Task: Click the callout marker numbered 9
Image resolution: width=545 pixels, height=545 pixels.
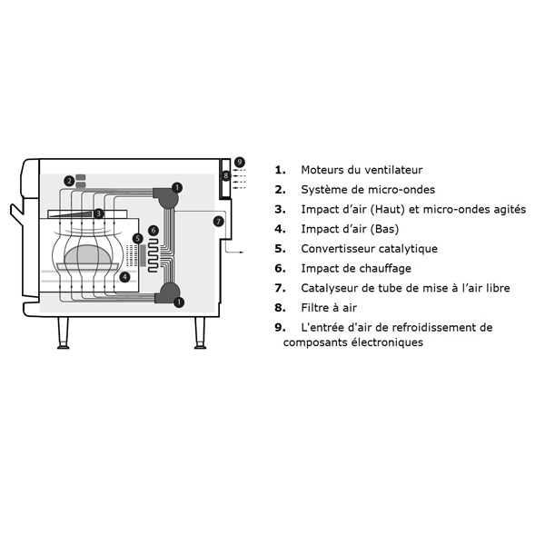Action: [240, 162]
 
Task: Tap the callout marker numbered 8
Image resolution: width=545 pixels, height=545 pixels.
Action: [226, 175]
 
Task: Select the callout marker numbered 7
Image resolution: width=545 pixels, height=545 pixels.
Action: [219, 222]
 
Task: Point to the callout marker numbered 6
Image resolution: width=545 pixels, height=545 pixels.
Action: [154, 230]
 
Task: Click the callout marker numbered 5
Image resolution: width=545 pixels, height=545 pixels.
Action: [138, 239]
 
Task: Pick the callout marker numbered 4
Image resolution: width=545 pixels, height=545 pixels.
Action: [124, 277]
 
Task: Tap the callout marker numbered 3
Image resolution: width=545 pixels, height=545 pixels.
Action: [98, 213]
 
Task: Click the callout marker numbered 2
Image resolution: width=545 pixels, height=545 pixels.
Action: [70, 181]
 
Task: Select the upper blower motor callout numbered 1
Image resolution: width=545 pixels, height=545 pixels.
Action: [177, 188]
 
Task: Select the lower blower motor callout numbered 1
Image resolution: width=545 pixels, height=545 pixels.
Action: [179, 302]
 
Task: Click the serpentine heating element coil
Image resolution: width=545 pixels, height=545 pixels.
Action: [154, 255]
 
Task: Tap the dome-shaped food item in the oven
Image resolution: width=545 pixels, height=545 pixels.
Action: [88, 254]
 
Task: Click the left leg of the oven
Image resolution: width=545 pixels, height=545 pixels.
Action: [63, 332]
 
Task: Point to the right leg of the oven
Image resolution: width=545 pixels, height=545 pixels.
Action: [200, 332]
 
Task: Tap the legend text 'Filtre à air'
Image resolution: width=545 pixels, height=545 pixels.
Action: [329, 308]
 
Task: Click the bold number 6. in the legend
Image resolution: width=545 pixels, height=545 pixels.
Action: [280, 269]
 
